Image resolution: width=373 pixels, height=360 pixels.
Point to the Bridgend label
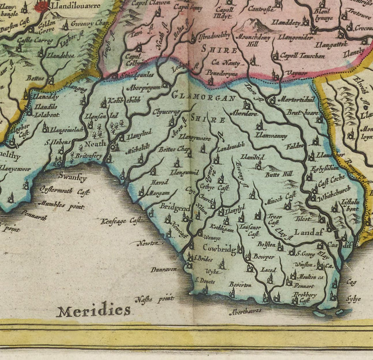pyautogui.click(x=175, y=208)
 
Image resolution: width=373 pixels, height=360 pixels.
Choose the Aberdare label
pyautogui.click(x=244, y=113)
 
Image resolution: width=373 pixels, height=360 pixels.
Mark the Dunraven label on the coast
pyautogui.click(x=163, y=269)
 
